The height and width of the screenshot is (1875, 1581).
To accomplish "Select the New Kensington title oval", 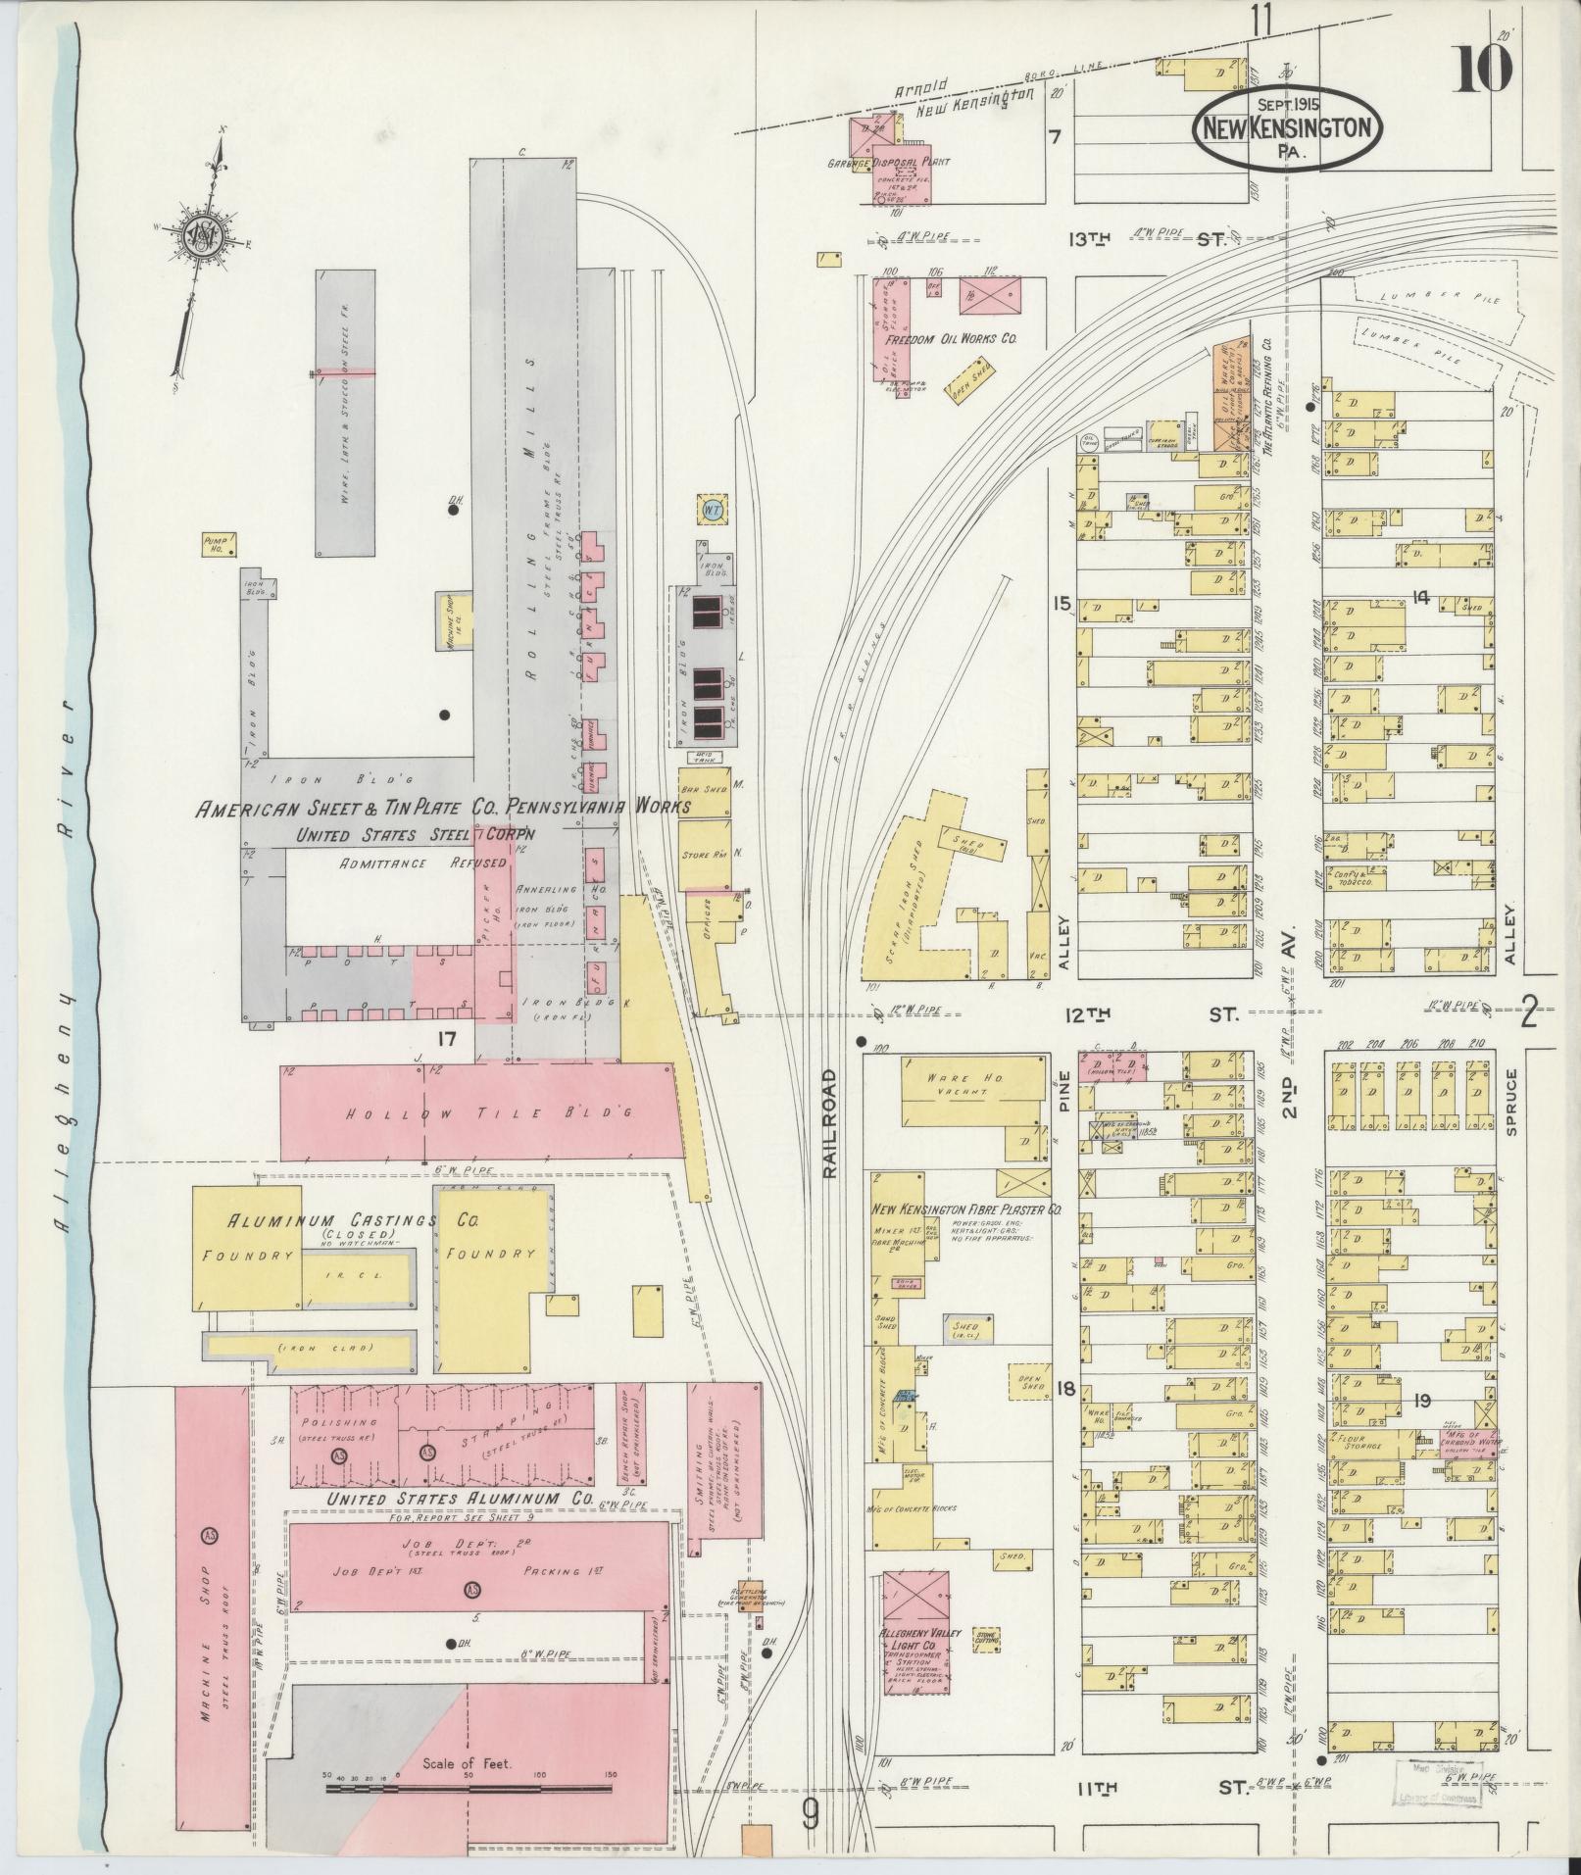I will [1287, 128].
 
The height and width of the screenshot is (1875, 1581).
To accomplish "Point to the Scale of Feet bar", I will [468, 1788].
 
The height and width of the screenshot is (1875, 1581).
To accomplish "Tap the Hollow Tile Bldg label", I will [480, 1113].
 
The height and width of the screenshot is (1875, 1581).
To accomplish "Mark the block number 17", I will [447, 1038].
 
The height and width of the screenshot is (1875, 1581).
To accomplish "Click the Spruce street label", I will [1510, 1104].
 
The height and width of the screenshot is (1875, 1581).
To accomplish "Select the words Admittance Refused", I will [422, 863].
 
